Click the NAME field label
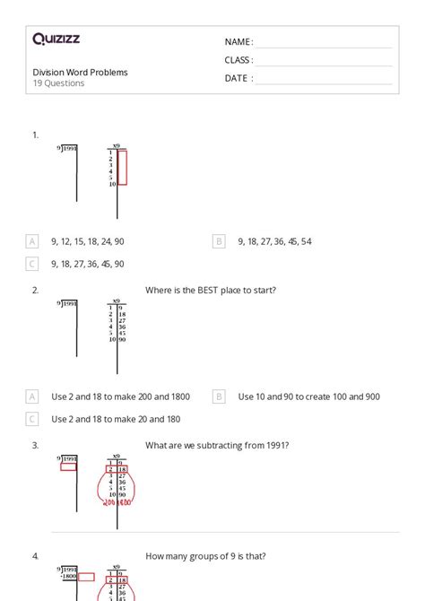coord(239,42)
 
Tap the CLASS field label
coord(239,60)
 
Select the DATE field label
coord(239,78)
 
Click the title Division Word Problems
coord(80,72)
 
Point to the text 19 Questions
coord(58,83)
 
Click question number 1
coord(36,135)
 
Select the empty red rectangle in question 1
coord(122,168)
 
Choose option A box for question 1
coord(32,241)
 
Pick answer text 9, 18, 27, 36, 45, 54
coord(274,241)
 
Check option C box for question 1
coord(32,264)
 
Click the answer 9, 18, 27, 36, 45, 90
coord(88,264)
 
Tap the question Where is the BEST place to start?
coord(210,290)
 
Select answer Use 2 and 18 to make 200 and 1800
coord(120,396)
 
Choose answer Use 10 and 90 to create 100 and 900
coord(308,396)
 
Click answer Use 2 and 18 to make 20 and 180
coord(116,419)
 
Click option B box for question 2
coord(219,396)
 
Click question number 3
coord(36,445)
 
